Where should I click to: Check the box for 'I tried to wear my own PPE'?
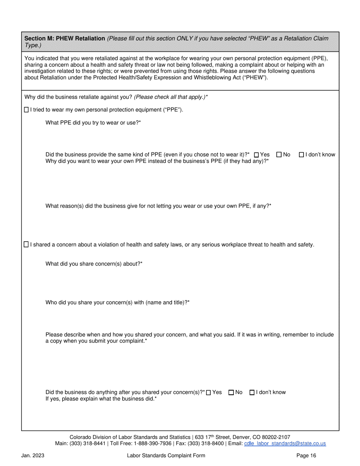[x=26, y=110]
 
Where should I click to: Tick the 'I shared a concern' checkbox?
[x=26, y=245]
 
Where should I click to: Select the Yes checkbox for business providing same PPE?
[x=257, y=155]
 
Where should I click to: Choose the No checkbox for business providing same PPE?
[x=279, y=155]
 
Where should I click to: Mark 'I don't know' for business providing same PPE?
[x=302, y=155]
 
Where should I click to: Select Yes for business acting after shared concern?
[x=208, y=393]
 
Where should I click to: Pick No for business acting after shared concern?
[x=231, y=393]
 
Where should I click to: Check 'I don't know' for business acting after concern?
[x=252, y=393]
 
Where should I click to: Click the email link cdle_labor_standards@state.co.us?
[x=285, y=443]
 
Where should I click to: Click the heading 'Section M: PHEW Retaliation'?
[x=65, y=39]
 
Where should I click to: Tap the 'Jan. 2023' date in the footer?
[x=33, y=456]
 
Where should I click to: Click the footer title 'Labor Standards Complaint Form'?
[x=166, y=456]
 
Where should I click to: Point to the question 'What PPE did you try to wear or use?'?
[x=93, y=122]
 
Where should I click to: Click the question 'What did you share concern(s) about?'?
[x=94, y=264]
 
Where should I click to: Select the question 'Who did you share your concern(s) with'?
[x=117, y=302]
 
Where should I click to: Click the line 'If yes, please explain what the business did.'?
[x=101, y=399]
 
